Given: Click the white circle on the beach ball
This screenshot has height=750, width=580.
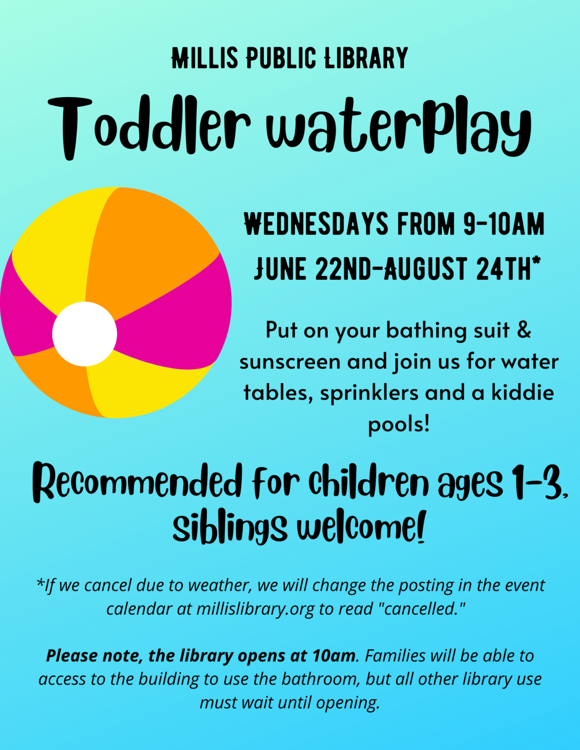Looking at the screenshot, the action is click(85, 334).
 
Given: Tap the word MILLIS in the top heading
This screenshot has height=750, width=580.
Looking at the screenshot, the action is click(205, 58).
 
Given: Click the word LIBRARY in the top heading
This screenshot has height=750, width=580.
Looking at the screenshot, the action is click(366, 58).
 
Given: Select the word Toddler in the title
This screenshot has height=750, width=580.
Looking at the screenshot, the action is click(149, 128).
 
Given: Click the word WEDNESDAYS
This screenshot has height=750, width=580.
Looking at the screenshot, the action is click(316, 224).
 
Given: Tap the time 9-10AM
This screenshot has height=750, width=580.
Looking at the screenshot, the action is click(504, 224).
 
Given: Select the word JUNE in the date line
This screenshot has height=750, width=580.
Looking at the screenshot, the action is click(280, 268).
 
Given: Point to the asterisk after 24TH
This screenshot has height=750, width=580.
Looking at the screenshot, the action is click(537, 260).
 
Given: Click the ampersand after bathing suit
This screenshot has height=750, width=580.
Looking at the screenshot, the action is click(524, 329).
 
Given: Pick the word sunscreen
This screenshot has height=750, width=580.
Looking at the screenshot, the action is click(291, 362).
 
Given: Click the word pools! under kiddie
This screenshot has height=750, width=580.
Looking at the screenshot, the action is click(399, 424).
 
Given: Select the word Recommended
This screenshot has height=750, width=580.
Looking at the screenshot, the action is click(137, 482).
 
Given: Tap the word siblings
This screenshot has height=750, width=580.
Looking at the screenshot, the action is click(230, 528).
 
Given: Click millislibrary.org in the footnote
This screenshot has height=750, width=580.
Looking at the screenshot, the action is click(256, 608).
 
